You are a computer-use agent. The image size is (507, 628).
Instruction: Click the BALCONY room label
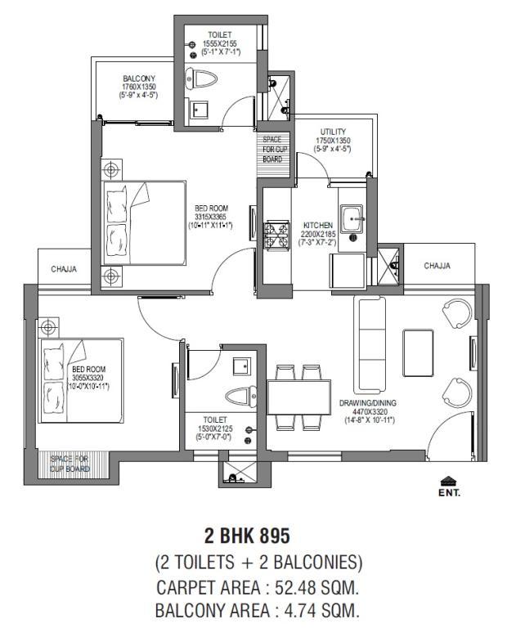click(139, 78)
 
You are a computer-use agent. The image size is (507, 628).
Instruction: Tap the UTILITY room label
click(333, 132)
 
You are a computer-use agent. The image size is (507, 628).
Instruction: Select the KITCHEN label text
click(318, 226)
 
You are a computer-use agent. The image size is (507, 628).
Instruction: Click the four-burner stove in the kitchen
click(276, 235)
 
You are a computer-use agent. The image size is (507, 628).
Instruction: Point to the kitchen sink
click(352, 218)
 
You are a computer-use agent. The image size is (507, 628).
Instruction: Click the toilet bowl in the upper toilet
click(201, 78)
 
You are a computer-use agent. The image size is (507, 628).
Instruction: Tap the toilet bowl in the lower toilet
click(240, 397)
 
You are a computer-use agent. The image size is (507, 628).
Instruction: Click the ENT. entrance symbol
click(449, 487)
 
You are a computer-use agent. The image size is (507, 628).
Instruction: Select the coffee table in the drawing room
click(418, 353)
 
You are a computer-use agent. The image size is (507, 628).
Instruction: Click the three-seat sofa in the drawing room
click(370, 345)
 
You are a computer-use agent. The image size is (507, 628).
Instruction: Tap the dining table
click(298, 397)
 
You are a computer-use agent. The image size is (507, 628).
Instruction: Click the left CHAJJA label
click(64, 269)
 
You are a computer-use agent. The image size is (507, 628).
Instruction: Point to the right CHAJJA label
click(437, 266)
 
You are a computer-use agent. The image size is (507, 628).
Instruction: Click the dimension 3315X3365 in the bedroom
click(211, 217)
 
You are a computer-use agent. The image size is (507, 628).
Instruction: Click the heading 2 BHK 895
click(247, 536)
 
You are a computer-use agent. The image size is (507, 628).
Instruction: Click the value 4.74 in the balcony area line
click(298, 611)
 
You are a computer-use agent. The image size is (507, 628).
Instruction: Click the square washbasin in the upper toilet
click(199, 109)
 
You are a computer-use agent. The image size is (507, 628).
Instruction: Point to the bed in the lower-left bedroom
click(80, 380)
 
